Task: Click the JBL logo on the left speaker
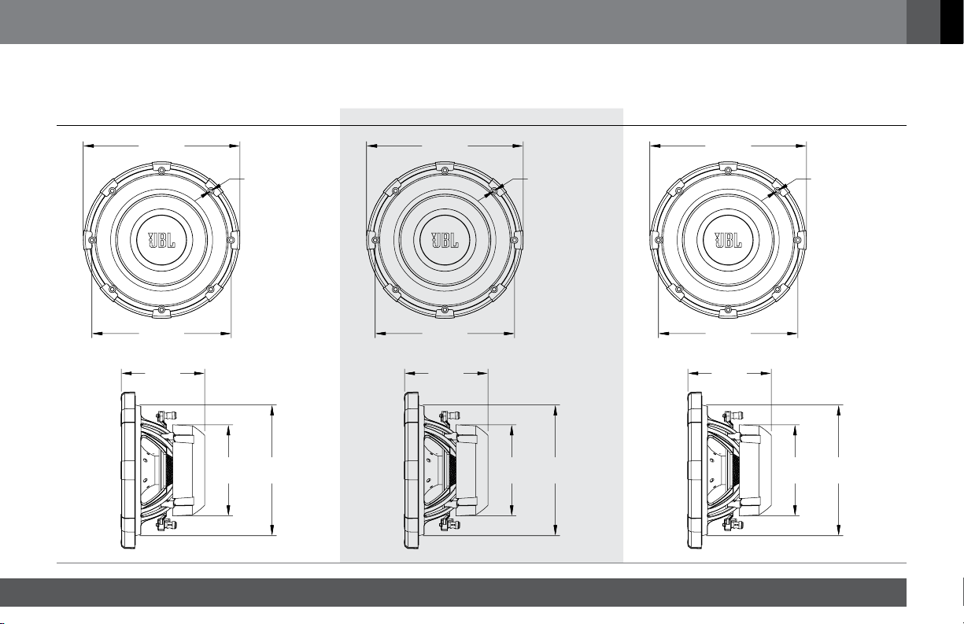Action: coord(161,240)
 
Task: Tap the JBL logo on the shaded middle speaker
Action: coord(445,240)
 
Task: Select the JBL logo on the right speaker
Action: coord(728,240)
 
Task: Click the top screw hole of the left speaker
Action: coord(161,171)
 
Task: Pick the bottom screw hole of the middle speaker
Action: coord(445,309)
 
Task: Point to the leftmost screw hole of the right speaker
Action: coord(659,240)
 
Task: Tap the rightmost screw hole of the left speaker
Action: coord(231,240)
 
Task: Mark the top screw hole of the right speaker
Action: coord(728,171)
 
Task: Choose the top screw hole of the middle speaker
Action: coord(445,171)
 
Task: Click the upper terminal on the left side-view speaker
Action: coord(167,415)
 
